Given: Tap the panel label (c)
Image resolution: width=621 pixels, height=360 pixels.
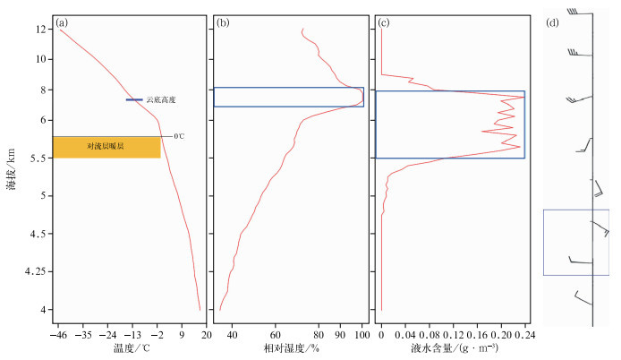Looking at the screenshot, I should pos(383,23).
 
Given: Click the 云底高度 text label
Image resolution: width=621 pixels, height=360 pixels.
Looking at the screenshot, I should pos(161,100).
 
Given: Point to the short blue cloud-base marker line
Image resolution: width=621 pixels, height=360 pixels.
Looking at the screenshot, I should pos(134,100).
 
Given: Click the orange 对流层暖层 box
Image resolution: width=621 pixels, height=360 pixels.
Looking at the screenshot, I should pos(106,146).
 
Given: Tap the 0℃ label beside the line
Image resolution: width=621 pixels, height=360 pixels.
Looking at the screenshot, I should pos(179,136).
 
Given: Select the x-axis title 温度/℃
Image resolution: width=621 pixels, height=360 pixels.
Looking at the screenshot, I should pos(130,347).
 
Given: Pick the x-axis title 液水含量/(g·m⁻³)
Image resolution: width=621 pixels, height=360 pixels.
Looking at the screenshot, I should pos(454,347).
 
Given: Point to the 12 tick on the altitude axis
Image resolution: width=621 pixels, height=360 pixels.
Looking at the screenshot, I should pos(41,30).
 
